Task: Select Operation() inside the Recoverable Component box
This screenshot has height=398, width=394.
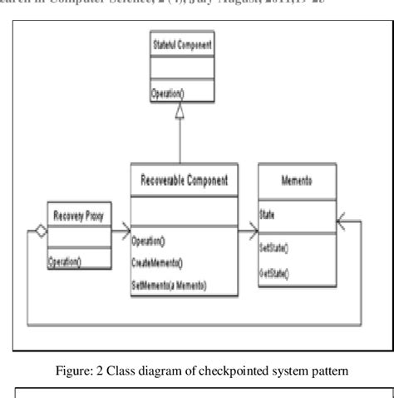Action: [x=149, y=241]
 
